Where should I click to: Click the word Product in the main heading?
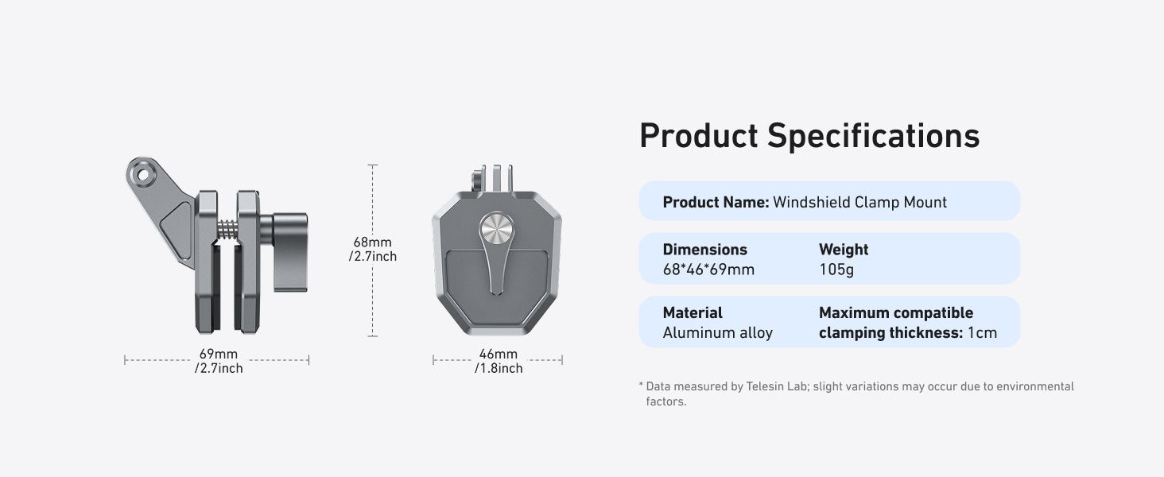(699, 136)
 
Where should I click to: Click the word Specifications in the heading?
(874, 137)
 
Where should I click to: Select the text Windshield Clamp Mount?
(860, 202)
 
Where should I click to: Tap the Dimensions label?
(704, 250)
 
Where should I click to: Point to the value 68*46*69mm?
(708, 270)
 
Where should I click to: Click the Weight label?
(844, 250)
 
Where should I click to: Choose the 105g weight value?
(836, 270)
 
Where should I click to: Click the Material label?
(693, 312)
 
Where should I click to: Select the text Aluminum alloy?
(718, 332)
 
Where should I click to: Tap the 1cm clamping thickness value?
(982, 332)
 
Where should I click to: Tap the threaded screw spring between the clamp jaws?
(227, 229)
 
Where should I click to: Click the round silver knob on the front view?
(497, 228)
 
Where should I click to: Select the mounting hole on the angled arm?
(142, 174)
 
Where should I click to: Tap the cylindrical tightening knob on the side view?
(289, 252)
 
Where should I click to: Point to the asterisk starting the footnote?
(642, 385)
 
